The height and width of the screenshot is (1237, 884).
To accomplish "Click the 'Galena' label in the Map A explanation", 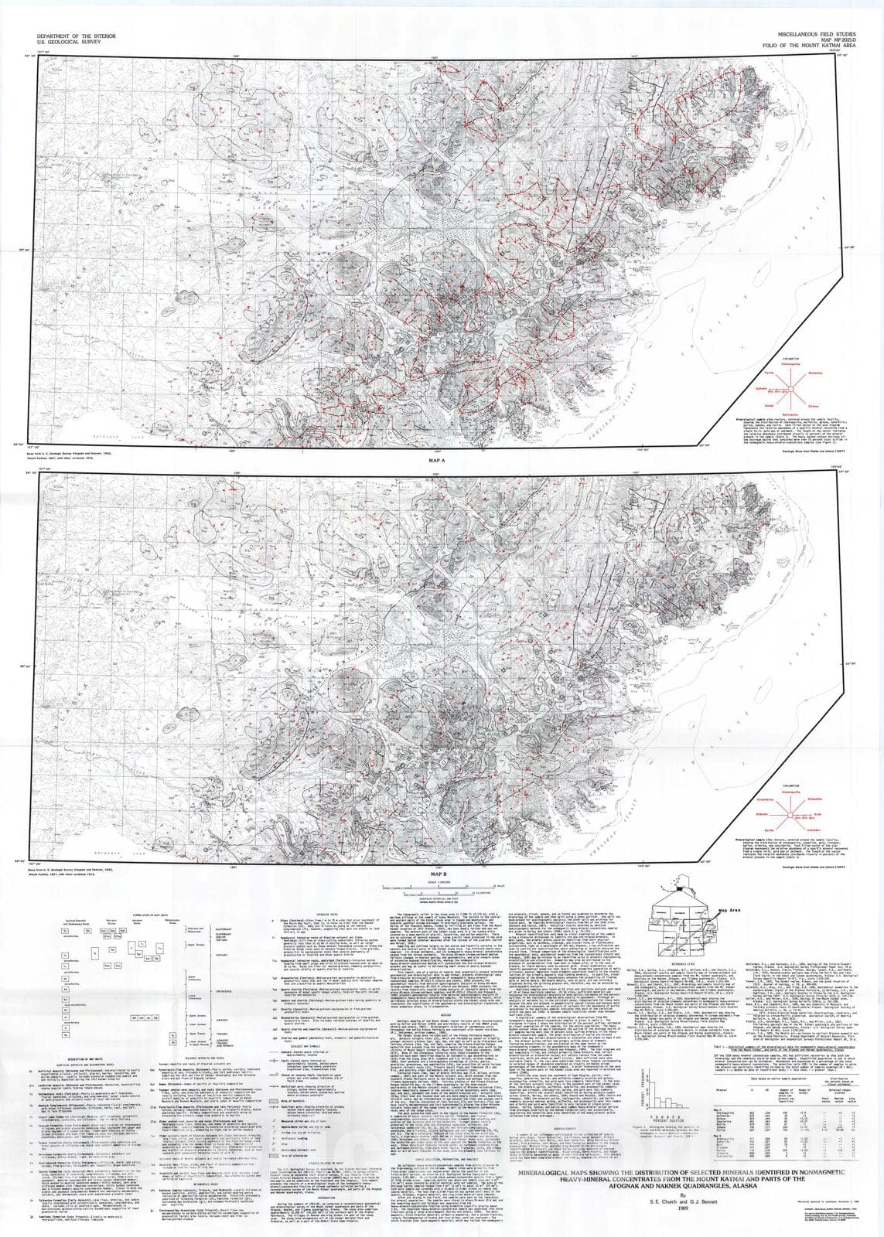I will click(813, 406).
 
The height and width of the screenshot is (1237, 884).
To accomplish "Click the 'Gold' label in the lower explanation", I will click(821, 814).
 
